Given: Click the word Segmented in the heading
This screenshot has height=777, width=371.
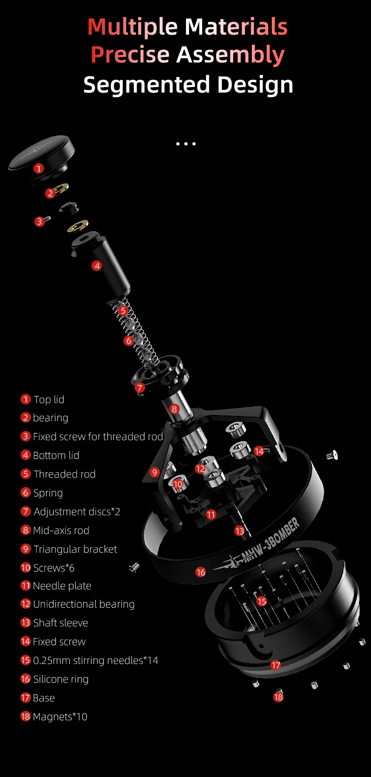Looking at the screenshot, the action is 147,85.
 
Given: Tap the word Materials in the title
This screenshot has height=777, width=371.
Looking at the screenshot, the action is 236,27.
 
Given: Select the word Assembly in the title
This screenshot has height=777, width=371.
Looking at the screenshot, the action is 230,55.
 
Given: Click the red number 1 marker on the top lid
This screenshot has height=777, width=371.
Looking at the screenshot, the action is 38,169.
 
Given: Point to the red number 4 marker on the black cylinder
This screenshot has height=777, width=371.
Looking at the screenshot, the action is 96,266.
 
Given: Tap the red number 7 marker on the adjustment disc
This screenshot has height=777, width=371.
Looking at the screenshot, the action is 140,387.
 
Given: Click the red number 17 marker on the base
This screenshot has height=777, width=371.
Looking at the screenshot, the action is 276,665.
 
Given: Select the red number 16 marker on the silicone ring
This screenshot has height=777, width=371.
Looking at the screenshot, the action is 201,572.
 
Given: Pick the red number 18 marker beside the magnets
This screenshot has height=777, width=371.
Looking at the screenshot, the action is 278,697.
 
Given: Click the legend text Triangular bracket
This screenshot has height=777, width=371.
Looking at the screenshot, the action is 75,549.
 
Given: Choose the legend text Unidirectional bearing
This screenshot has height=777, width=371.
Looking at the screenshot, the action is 84,604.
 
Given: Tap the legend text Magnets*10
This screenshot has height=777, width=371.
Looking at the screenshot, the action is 60,717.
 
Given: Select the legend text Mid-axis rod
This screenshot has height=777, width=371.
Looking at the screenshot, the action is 61,531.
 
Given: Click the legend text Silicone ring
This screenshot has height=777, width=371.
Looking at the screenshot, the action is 61,679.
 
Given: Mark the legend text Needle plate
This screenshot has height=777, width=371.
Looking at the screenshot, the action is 62,586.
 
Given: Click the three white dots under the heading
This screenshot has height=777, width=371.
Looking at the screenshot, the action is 185,144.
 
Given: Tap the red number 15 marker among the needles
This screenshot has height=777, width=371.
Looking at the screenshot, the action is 262,601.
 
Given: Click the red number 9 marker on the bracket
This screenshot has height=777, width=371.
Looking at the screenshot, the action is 155,472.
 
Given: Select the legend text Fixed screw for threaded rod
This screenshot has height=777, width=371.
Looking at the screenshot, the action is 98,436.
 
